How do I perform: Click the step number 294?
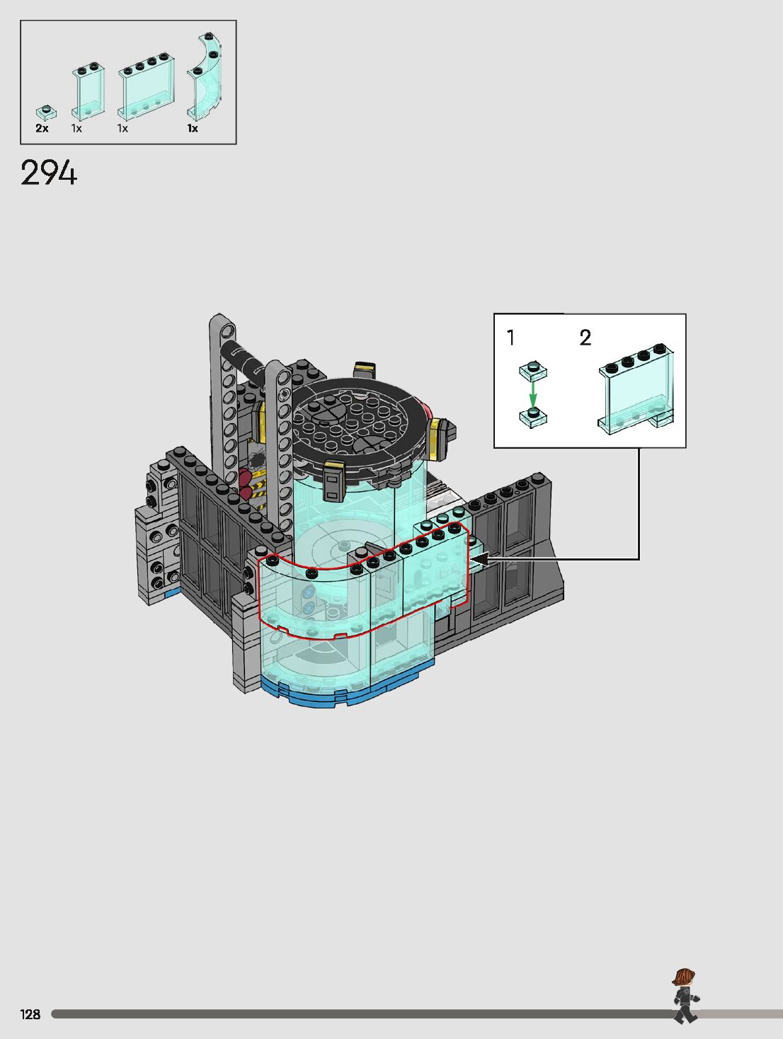49,173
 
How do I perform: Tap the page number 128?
30,1014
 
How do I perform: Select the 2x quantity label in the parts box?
42,128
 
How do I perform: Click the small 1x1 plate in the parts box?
47,113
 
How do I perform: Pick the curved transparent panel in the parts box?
205,78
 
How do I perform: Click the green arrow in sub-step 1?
533,395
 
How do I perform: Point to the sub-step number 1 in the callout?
510,338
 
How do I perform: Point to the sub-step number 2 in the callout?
585,338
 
